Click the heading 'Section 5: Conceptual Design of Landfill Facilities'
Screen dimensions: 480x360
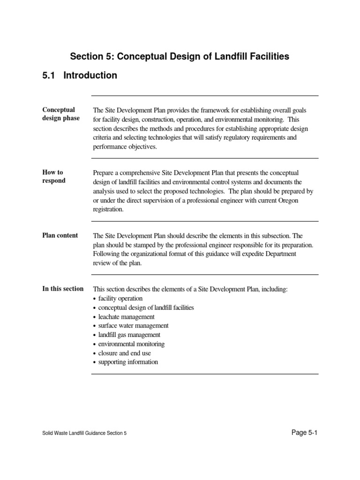click(180, 57)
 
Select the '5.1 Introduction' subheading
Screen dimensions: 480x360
click(80, 75)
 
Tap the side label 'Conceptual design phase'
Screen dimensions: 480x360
click(61, 114)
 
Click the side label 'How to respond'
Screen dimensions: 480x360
click(54, 177)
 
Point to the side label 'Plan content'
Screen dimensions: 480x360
click(60, 235)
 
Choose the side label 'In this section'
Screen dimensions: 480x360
click(63, 289)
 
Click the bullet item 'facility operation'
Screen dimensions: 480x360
click(120, 299)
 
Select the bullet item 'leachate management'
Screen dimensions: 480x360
click(126, 317)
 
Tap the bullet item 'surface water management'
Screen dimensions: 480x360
click(133, 326)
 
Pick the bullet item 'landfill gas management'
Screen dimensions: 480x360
click(129, 335)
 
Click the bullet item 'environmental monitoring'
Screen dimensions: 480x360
click(131, 344)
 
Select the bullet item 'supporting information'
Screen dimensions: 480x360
click(128, 362)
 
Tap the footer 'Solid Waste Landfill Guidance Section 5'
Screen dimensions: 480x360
click(84, 434)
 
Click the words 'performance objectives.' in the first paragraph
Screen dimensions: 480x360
click(124, 147)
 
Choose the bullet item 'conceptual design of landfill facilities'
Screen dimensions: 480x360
click(146, 308)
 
